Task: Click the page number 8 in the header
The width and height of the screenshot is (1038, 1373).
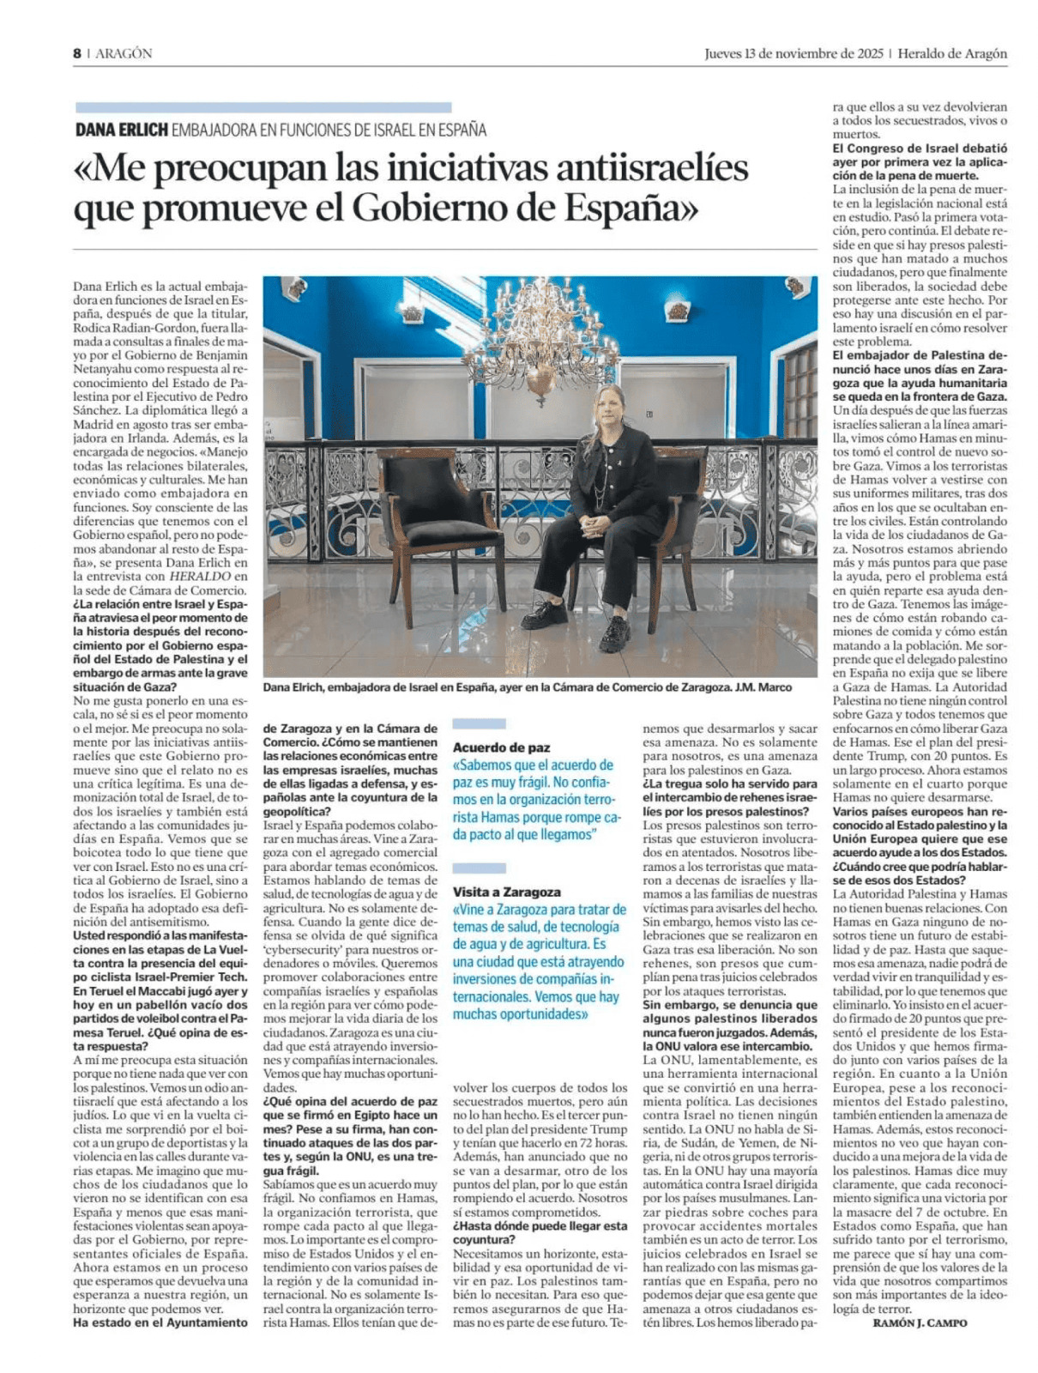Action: click(x=76, y=53)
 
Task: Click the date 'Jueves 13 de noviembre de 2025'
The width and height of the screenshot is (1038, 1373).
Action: click(x=794, y=53)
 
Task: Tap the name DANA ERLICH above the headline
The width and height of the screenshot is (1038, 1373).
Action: click(x=121, y=130)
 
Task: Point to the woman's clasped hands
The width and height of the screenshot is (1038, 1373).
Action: click(x=595, y=524)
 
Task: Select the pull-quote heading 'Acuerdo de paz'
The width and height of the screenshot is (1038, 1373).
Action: click(x=501, y=747)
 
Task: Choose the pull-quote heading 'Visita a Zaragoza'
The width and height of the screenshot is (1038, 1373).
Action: click(x=506, y=892)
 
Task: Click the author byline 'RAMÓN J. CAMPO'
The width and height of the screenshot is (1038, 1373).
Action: click(x=919, y=1322)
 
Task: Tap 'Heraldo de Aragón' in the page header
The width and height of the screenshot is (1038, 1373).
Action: click(x=953, y=53)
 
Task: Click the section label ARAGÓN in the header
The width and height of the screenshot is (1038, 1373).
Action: click(x=124, y=53)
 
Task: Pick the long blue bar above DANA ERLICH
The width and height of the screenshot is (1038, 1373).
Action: click(x=263, y=108)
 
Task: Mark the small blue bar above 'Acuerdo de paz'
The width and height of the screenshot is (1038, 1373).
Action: click(x=479, y=724)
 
